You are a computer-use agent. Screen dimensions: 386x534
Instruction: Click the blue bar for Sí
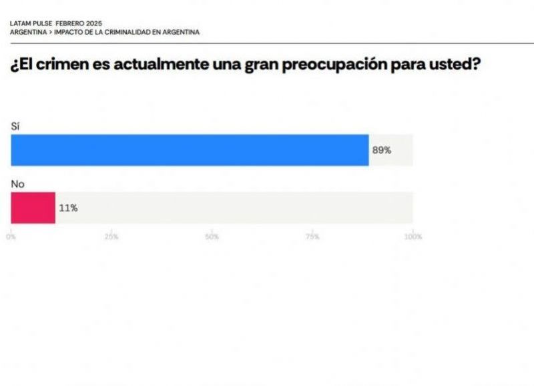point(190,150)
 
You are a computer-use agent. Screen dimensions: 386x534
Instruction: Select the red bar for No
point(33,208)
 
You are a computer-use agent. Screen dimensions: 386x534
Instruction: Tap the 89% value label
point(381,151)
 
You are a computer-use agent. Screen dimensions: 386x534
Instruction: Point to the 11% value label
point(68,208)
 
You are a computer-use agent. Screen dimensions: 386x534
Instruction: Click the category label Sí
point(15,126)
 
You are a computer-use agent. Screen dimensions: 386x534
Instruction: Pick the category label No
point(17,184)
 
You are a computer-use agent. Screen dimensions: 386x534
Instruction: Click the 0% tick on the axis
point(11,236)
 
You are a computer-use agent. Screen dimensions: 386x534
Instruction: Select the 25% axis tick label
point(111,236)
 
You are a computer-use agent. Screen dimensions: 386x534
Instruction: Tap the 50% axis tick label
point(212,236)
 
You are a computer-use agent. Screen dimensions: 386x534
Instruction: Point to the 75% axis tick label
point(312,236)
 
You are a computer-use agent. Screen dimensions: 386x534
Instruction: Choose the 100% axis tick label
point(413,236)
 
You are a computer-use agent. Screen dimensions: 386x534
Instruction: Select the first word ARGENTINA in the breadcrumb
point(27,32)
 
